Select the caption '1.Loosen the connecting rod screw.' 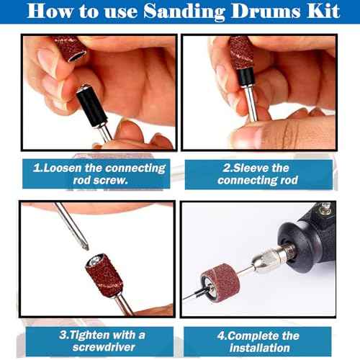99,174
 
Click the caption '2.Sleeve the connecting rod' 258,174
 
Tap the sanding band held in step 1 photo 72,48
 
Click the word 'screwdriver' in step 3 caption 101,348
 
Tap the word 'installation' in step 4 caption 258,348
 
